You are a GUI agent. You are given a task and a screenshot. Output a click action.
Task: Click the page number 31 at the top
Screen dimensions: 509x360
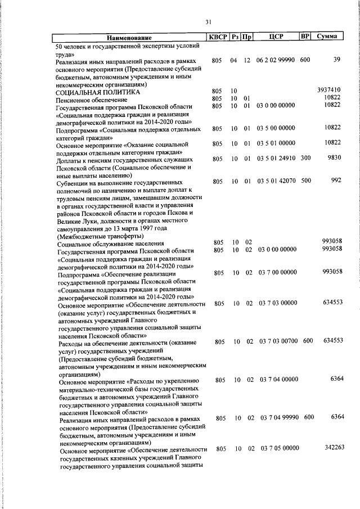(x=208, y=22)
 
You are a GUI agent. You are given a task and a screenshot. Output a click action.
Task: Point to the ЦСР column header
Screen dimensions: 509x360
(x=275, y=37)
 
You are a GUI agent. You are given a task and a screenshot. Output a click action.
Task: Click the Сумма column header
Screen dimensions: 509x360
(x=327, y=37)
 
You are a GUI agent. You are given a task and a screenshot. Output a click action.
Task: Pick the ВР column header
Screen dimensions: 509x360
(x=305, y=37)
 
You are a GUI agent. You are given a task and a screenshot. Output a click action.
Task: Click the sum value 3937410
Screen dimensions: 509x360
(x=329, y=90)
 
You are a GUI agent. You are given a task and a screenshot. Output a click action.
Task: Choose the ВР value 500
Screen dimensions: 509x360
(x=305, y=181)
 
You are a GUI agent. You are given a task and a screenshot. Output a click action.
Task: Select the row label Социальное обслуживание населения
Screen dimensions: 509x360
(x=101, y=244)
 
